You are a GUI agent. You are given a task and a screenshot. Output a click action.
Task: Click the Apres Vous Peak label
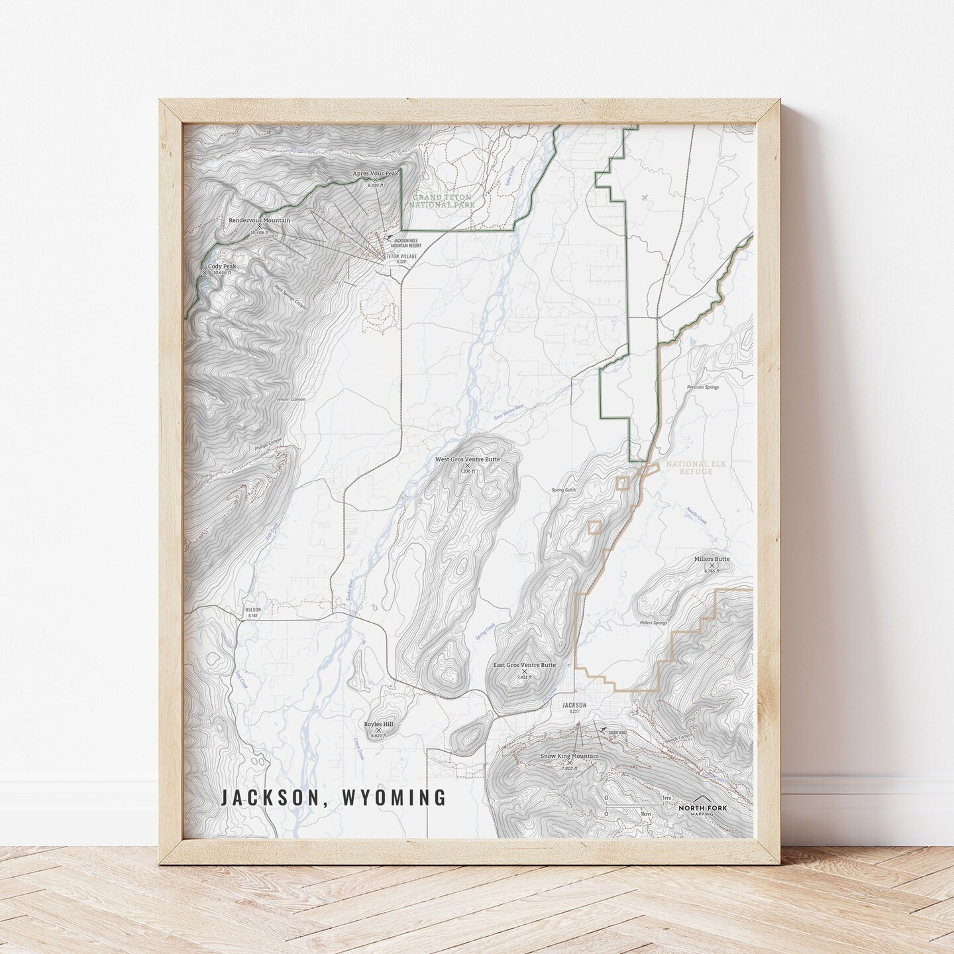pos(376,174)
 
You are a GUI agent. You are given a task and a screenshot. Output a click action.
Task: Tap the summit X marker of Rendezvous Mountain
pos(260,227)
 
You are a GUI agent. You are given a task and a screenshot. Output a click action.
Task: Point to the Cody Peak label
pos(221,267)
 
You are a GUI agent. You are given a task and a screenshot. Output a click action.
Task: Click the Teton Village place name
pos(401,256)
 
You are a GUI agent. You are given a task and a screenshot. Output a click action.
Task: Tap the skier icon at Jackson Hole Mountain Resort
pos(389,237)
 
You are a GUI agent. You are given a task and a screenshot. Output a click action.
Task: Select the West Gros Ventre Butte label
pos(467,459)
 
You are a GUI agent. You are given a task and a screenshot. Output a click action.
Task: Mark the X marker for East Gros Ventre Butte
pos(524,672)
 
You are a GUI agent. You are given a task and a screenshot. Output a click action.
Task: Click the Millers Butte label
pos(712,559)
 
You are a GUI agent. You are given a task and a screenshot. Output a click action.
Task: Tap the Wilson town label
pos(253,609)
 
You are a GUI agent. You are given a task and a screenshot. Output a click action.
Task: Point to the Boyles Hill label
pos(378,725)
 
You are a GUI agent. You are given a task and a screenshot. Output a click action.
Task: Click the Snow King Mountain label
pos(569,756)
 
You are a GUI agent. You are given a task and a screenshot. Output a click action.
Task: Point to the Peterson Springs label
pos(702,387)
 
